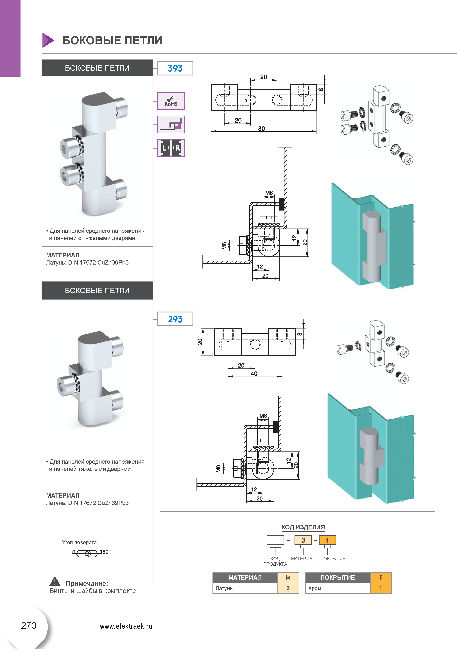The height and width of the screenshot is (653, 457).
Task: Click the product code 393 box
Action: [175, 68]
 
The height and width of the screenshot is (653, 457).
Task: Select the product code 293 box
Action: [175, 319]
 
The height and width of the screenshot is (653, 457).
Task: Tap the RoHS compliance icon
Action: [171, 101]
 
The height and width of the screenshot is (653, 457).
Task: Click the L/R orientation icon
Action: [171, 148]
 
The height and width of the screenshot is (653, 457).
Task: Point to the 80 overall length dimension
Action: [261, 129]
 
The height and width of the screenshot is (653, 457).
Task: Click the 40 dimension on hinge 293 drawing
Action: [254, 374]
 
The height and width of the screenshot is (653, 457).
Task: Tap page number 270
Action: [29, 625]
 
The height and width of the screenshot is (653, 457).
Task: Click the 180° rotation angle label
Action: [105, 552]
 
